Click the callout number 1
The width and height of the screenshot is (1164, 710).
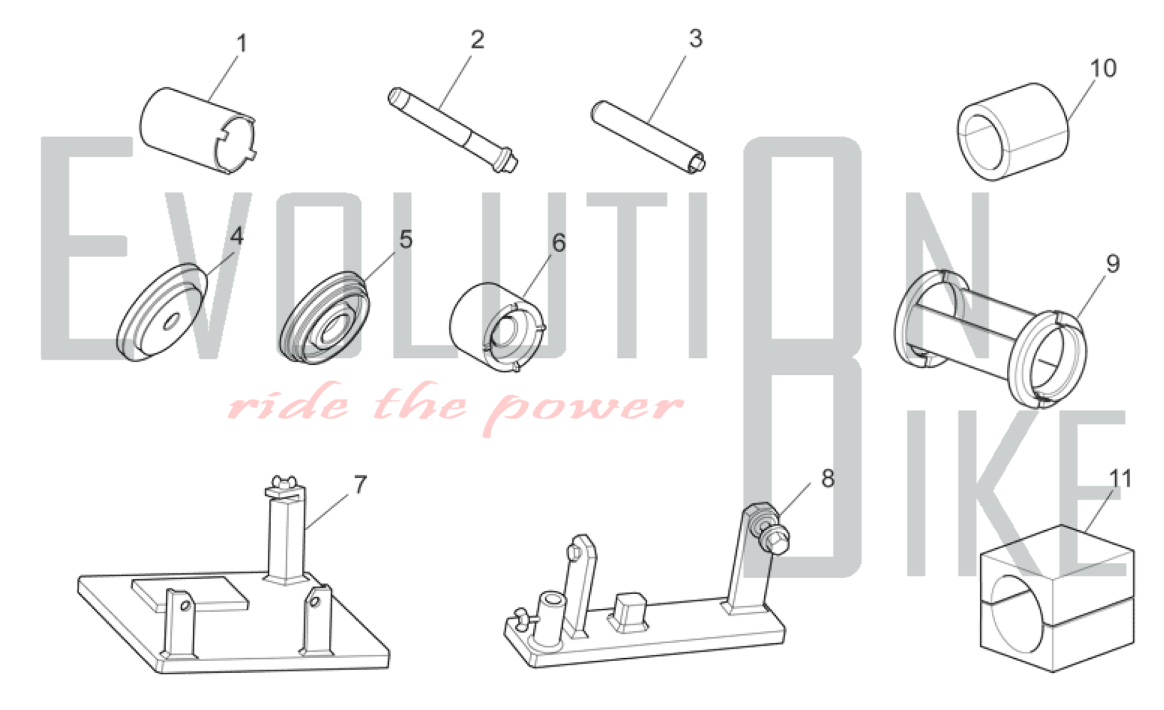[242, 44]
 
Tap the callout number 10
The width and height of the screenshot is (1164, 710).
[1103, 69]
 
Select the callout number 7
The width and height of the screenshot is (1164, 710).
[360, 484]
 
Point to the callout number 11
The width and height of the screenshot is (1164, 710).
[1120, 479]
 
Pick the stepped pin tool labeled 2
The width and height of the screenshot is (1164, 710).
[453, 130]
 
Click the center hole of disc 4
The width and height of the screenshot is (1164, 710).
[170, 322]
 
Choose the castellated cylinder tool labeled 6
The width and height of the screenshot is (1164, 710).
[498, 326]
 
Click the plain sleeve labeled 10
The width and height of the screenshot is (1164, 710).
[1013, 132]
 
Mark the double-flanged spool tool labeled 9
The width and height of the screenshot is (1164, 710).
[989, 338]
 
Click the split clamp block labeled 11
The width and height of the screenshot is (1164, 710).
[1057, 598]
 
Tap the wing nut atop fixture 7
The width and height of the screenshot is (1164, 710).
[285, 483]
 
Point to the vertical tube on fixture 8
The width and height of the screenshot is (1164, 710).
[549, 618]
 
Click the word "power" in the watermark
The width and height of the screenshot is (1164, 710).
[584, 407]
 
